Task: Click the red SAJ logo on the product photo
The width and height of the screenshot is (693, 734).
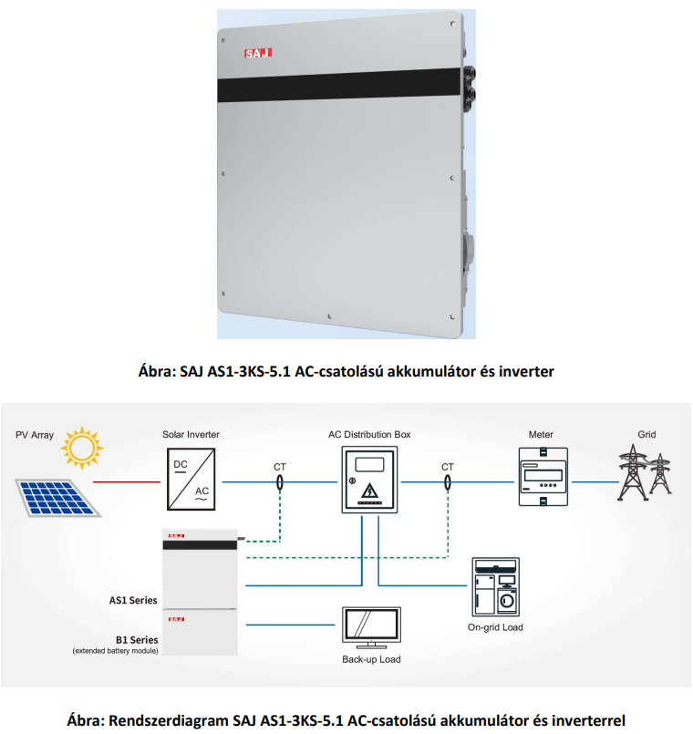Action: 258,54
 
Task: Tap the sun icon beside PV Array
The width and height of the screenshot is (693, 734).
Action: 82,448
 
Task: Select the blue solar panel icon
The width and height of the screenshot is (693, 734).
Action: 58,498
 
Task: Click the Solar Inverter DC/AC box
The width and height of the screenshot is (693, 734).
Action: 191,479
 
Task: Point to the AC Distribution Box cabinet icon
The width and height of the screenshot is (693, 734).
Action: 369,480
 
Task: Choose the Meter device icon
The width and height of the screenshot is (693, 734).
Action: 543,477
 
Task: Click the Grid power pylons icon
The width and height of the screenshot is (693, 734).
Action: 645,472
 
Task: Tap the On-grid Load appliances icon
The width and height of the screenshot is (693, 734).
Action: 495,587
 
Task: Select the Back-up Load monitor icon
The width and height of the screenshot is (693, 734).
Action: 371,627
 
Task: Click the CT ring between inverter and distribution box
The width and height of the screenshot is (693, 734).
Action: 280,482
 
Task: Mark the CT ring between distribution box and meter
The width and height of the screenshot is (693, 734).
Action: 448,482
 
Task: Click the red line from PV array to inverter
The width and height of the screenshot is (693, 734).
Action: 127,481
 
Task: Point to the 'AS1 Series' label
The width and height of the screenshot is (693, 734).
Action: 133,600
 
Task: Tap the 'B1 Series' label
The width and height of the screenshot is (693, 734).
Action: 137,640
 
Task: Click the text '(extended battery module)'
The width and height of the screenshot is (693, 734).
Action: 115,651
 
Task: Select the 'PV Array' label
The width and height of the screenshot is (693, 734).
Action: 35,435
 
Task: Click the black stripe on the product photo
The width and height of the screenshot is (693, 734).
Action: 340,85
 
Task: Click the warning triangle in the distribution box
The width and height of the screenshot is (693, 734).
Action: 370,491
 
